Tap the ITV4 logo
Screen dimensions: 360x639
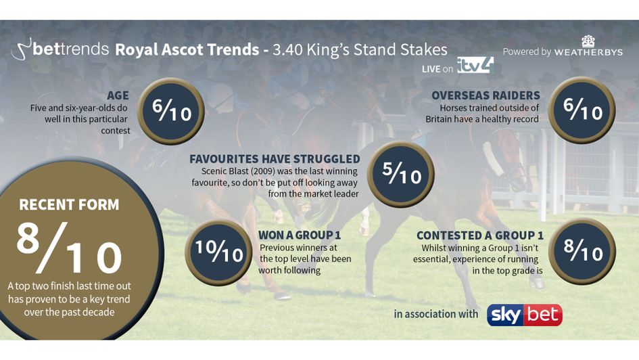point(475,65)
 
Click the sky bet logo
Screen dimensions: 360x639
point(525,315)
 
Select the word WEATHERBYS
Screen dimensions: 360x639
point(588,52)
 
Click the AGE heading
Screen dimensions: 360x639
point(118,96)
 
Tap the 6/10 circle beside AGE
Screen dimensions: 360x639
point(170,110)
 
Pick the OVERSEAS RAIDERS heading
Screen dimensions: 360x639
point(486,95)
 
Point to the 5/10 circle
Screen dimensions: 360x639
point(401,174)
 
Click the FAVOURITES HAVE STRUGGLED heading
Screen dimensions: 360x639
point(275,159)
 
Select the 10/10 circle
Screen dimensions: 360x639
point(218,252)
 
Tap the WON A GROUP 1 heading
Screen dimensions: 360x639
point(299,235)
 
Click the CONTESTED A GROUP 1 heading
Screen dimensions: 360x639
point(479,235)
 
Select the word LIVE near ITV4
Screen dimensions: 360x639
point(431,69)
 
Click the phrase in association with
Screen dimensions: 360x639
point(435,315)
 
